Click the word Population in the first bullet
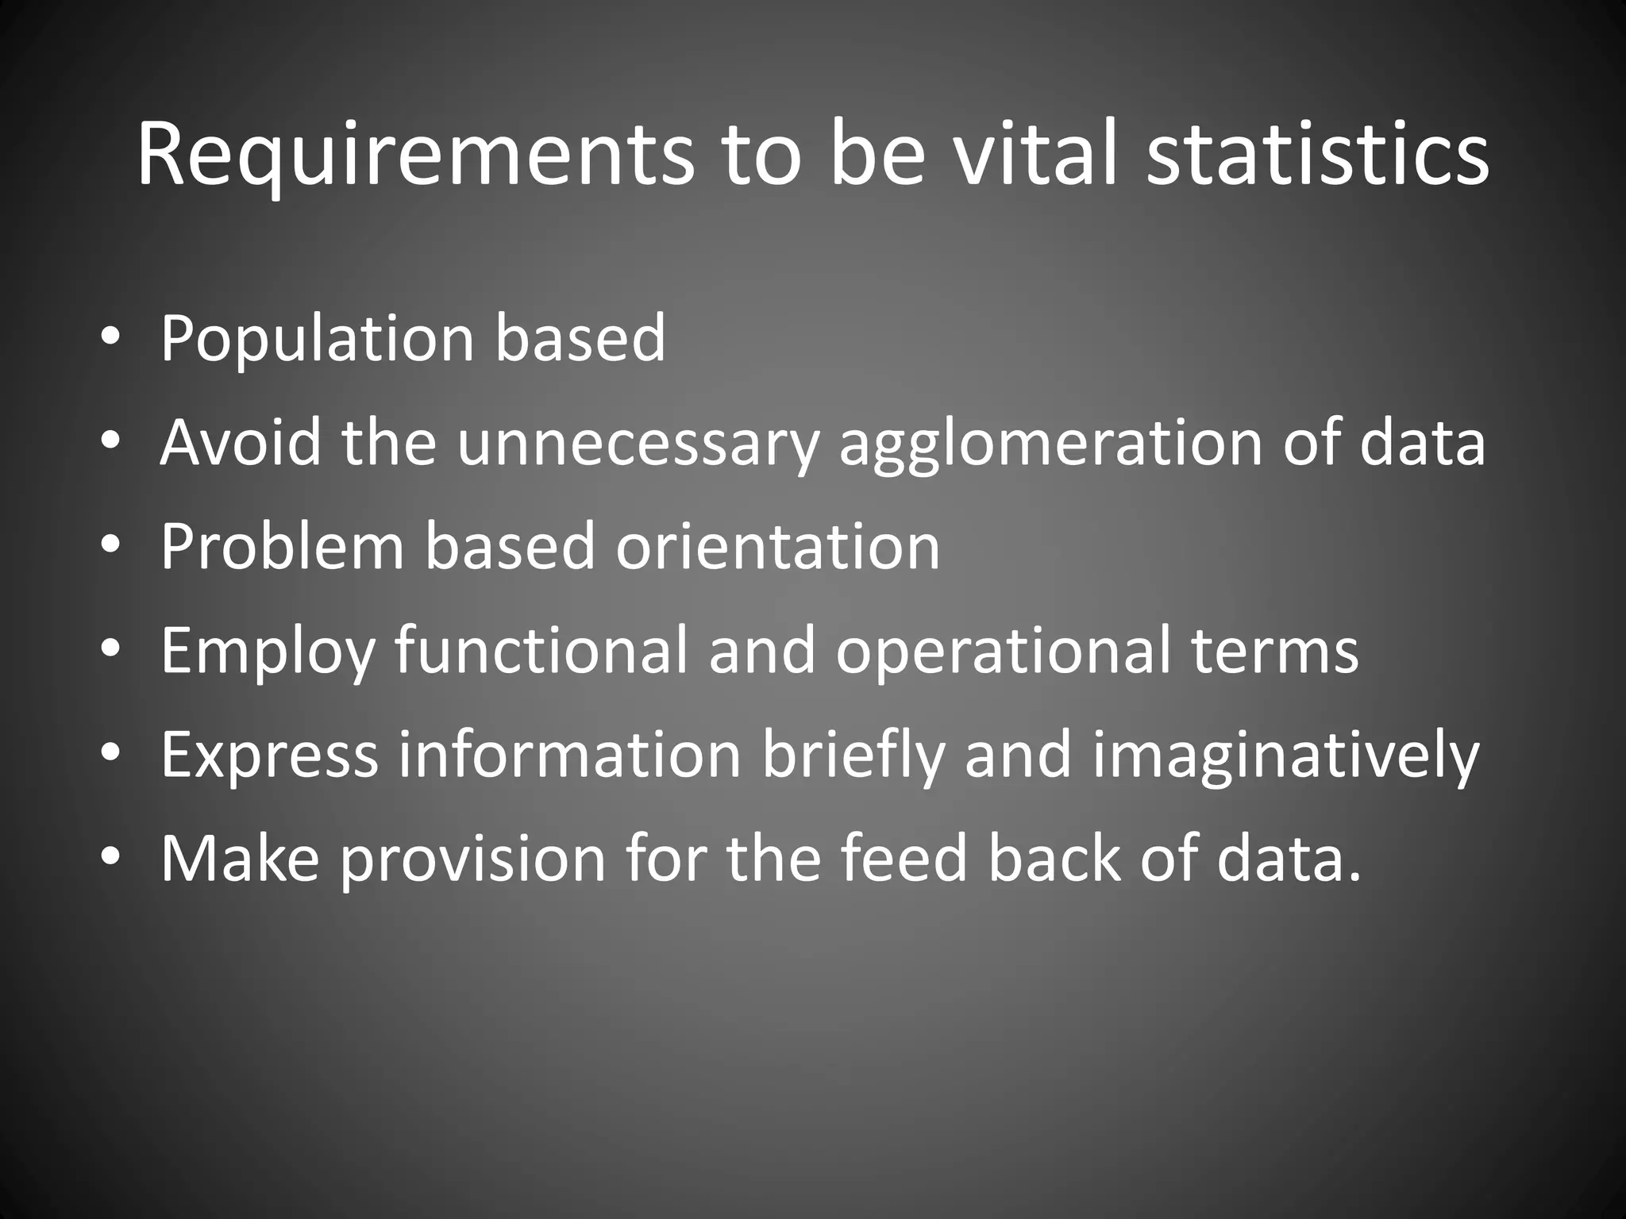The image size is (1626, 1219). (318, 340)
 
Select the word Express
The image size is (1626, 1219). (269, 756)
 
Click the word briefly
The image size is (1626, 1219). (853, 756)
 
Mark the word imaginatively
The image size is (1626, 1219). (1285, 756)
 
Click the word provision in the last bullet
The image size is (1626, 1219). (473, 859)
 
